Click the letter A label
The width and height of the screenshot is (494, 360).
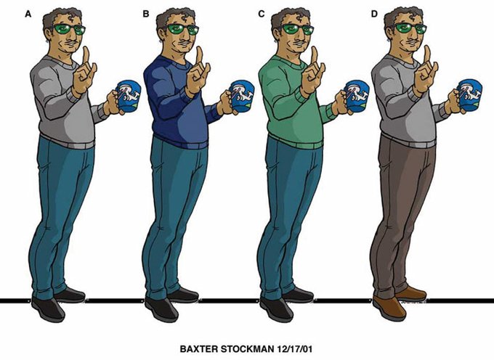coord(28,15)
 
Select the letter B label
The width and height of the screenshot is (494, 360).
coord(145,15)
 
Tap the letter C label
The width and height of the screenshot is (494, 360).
coord(262,15)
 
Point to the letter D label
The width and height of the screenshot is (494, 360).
coord(374,15)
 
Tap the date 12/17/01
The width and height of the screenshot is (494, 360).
coord(294,349)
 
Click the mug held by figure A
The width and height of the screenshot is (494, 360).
coord(129,96)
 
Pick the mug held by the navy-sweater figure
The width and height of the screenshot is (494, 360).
coord(242,96)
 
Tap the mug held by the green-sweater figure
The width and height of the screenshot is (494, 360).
coord(357,96)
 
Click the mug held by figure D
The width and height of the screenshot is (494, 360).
coord(470,95)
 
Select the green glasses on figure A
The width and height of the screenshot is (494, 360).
coord(69,29)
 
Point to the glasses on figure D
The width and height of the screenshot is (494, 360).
coord(410,28)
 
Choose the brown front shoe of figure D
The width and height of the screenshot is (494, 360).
coord(389,308)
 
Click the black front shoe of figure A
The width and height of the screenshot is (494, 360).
coord(48,309)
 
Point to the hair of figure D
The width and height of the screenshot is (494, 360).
coord(402,17)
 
